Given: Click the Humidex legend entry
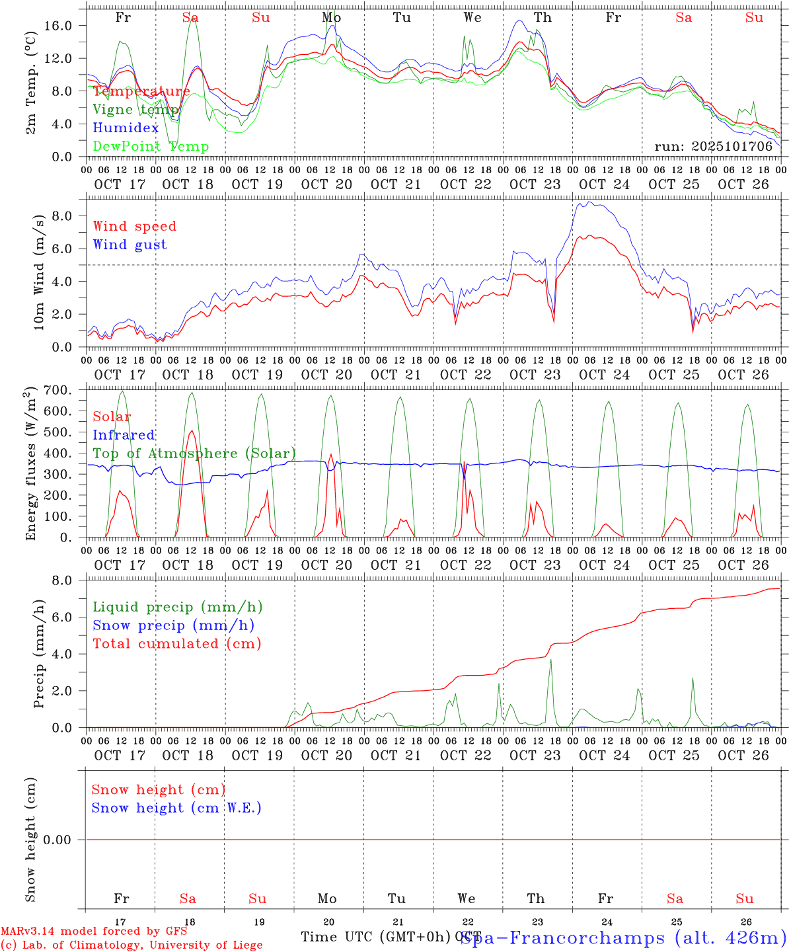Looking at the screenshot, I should [x=126, y=128].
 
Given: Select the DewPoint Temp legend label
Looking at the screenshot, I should [x=151, y=147].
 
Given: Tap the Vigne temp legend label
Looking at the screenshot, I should [x=135, y=110].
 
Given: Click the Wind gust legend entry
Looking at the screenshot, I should [x=130, y=245].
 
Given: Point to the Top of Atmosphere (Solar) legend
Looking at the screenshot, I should [x=194, y=454].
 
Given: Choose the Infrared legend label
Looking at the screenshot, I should [x=124, y=435].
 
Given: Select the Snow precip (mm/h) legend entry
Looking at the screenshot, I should [x=173, y=625].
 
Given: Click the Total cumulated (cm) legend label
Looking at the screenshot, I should [x=176, y=644].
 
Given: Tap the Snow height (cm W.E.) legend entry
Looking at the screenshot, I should [x=176, y=808].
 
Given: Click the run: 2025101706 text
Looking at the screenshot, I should [x=713, y=147].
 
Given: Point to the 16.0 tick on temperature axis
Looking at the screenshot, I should [x=67, y=25].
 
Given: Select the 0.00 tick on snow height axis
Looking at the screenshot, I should [x=61, y=840].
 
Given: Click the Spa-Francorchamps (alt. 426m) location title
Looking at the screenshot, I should [x=622, y=937].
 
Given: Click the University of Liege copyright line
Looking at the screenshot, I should [x=131, y=945].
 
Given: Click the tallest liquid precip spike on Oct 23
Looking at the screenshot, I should [x=550, y=660].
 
